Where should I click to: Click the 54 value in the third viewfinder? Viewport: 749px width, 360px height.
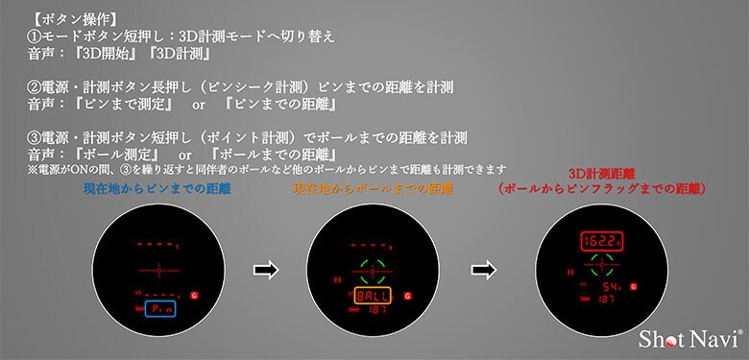click(x=610, y=286)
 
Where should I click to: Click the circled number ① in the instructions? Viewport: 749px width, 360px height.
click(x=35, y=36)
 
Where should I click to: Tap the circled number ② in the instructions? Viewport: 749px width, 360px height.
click(x=35, y=86)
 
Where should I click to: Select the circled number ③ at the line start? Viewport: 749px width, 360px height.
click(x=35, y=137)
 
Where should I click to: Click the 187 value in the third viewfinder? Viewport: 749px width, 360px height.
click(x=607, y=300)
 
